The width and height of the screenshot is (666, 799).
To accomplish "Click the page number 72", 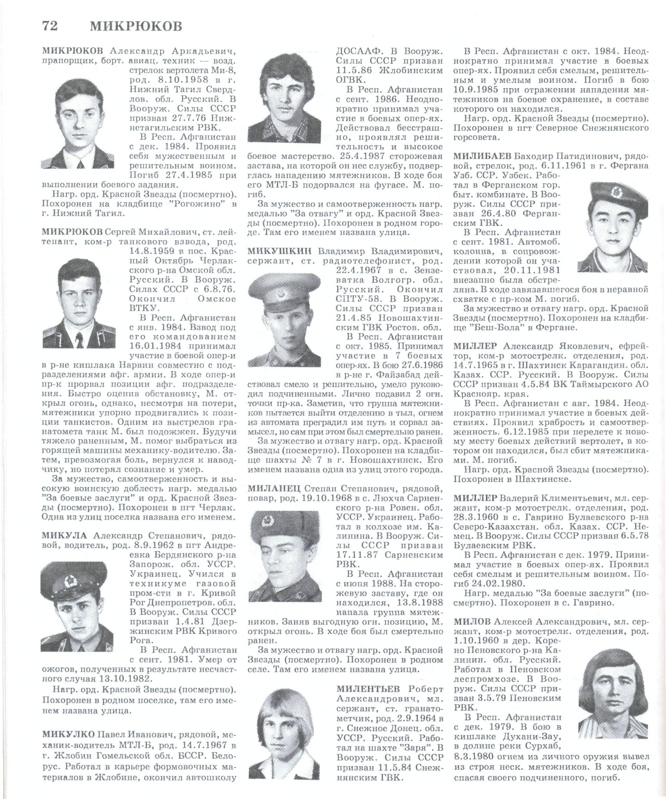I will pyautogui.click(x=50, y=26).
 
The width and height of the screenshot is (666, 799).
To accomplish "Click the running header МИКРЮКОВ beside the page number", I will pyautogui.click(x=136, y=26).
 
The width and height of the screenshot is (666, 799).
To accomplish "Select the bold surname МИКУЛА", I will pyautogui.click(x=64, y=536).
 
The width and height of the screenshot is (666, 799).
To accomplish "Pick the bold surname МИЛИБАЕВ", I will pyautogui.click(x=480, y=156).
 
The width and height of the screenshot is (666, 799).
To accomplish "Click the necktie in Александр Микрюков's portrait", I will pyautogui.click(x=81, y=163).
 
